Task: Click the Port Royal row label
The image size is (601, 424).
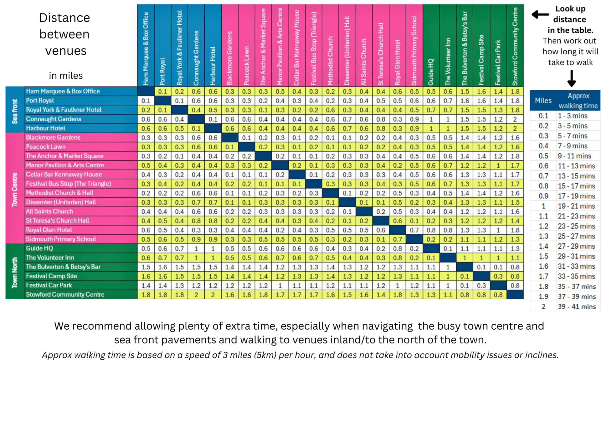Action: coord(40,100)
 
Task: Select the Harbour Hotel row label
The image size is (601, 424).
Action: coord(46,128)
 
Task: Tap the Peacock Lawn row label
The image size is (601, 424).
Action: coord(46,147)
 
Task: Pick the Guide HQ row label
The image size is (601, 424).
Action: coord(39,248)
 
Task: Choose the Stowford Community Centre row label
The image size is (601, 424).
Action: coord(65,294)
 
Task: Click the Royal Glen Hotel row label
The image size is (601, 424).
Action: coord(49,230)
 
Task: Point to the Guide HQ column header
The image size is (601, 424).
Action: coord(431,72)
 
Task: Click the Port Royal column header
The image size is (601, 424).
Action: coord(162,71)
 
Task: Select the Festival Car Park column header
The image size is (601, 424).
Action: coord(498,62)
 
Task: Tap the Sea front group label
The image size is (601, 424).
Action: coord(15,111)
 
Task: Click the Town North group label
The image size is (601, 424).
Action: coord(15,272)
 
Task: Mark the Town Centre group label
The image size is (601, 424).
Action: coord(15,190)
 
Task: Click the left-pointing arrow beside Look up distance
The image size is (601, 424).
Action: coord(540,14)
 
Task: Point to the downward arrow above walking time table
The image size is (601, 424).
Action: coord(571,78)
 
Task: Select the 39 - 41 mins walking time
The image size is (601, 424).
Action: coord(577,307)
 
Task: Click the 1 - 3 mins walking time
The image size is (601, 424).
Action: coord(573,116)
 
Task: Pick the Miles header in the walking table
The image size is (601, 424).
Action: coord(543,100)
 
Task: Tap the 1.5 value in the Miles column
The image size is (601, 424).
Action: coord(543,256)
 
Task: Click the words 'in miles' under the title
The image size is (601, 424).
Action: coord(66,76)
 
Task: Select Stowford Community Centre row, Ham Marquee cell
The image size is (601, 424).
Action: coord(146,295)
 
